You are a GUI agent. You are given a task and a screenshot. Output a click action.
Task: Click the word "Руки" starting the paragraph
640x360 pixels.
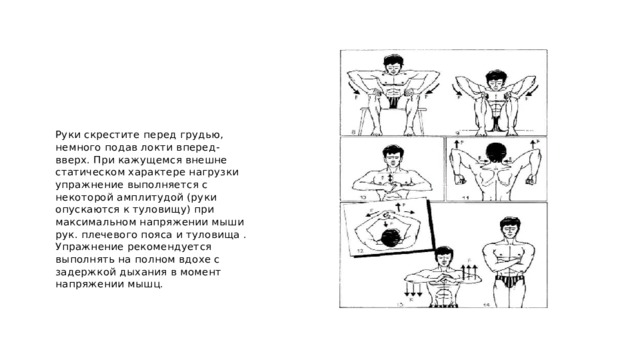pyautogui.click(x=67, y=135)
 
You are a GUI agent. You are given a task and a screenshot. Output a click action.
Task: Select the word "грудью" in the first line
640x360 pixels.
pyautogui.click(x=204, y=135)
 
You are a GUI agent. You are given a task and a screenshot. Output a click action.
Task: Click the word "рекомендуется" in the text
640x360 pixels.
pyautogui.click(x=169, y=248)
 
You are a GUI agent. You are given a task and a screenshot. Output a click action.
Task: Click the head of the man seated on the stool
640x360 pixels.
pyautogui.click(x=393, y=64)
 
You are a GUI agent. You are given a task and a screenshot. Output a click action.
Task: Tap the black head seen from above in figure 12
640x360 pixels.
pyautogui.click(x=390, y=237)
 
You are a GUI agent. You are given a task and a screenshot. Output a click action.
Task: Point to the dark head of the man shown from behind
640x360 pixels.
pyautogui.click(x=495, y=153)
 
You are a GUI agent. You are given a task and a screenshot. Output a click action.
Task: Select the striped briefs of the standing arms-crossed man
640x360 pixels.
pyautogui.click(x=509, y=281)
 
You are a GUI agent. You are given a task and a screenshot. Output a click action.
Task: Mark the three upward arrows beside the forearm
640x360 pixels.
pyautogui.click(x=469, y=271)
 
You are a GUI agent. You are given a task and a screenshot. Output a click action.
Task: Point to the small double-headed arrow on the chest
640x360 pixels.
pyautogui.click(x=390, y=178)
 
